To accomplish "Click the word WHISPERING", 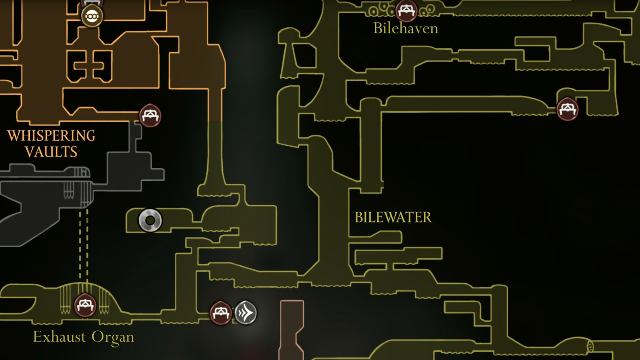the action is pos(51,136).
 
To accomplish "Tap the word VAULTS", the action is pos(51,152).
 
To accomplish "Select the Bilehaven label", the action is pos(406,28).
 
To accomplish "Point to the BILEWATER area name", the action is pos(393,217).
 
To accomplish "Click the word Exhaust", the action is pos(59,337).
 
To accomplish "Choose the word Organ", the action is pos(113,338).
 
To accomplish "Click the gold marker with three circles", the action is pos(92,16).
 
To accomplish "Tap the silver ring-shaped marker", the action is pos(150,221).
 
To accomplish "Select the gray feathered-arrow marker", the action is pos(246,313).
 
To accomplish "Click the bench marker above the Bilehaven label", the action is pos(406,11).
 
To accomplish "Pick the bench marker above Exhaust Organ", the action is pos(85,305).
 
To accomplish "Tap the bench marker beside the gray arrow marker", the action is pos(220,313).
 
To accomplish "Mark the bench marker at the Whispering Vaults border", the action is pos(150,116).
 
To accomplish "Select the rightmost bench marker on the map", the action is pos(568,109).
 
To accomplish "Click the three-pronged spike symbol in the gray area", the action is pos(69,190).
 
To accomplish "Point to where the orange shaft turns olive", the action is pos(215,121).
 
